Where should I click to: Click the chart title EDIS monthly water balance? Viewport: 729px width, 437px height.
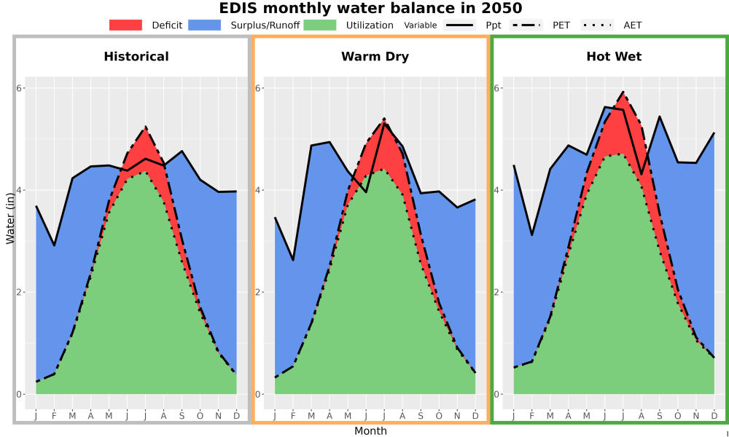coord(370,8)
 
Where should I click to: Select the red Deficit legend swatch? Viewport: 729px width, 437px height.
coord(125,25)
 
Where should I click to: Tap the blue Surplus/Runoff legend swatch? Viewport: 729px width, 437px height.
coord(205,25)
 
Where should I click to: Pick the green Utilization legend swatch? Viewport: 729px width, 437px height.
coord(320,25)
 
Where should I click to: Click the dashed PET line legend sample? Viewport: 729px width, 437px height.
coord(526,25)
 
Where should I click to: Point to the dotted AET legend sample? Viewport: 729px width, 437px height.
coord(597,25)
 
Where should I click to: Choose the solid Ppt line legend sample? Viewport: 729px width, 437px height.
coord(459,25)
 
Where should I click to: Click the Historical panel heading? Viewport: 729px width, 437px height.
coord(136,57)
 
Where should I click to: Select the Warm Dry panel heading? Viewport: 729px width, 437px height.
coord(375,57)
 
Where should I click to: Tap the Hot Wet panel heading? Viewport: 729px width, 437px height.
coord(614,57)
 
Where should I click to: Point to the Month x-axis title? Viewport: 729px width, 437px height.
coord(370,431)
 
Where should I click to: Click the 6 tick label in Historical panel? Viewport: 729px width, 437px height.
coord(19,88)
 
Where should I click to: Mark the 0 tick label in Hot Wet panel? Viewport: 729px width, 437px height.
coord(496,394)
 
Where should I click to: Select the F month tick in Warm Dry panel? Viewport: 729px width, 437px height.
coord(293,416)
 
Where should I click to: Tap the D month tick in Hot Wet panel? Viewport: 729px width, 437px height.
coord(714,416)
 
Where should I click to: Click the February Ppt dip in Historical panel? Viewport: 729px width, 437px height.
coord(55,245)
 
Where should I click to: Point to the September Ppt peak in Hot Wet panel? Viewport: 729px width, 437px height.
coord(659,116)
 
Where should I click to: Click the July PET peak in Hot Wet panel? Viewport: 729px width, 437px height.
coord(623,92)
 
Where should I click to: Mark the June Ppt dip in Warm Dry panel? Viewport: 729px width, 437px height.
coord(366,192)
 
